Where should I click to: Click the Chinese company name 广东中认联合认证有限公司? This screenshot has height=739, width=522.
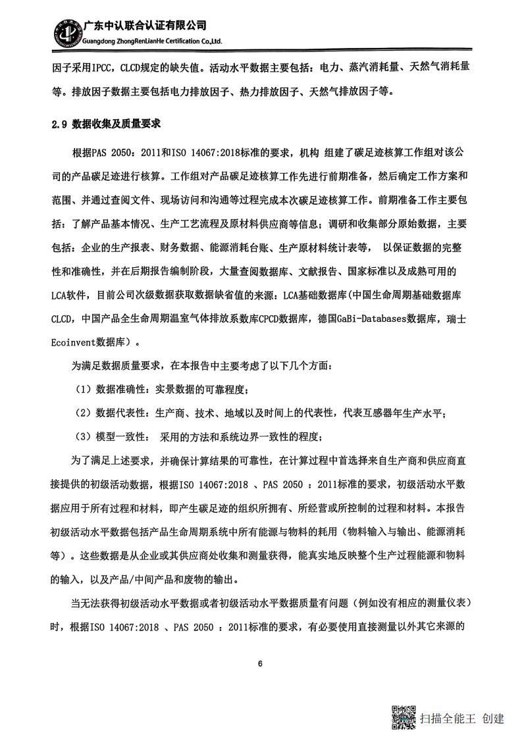(x=145, y=26)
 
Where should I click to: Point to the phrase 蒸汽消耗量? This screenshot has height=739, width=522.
(x=371, y=67)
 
